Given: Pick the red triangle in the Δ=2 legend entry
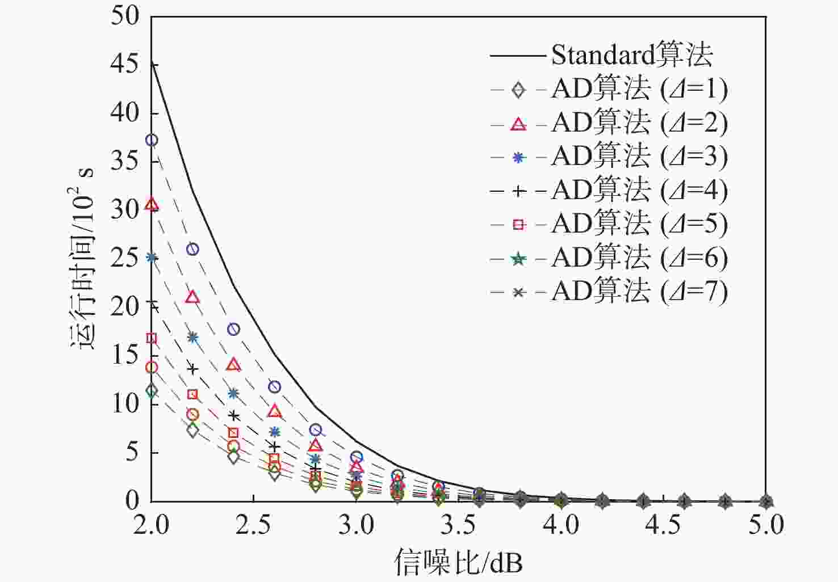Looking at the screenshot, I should tap(518, 123).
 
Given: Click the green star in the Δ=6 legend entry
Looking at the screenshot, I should tap(518, 259).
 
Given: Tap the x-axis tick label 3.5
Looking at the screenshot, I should tap(458, 525).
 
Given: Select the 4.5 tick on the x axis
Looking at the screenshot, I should tap(663, 525).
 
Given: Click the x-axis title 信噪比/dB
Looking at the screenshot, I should tap(458, 562).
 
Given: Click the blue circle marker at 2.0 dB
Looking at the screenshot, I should tap(152, 140).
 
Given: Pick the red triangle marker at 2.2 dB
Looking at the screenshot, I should tap(192, 297).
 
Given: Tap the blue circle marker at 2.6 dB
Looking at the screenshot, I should tap(274, 387).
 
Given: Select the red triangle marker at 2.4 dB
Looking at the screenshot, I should tap(233, 364).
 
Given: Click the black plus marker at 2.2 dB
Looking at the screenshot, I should tap(192, 369).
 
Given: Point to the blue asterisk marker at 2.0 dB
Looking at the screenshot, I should tap(152, 257).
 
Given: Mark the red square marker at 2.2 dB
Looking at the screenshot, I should tap(192, 394).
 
